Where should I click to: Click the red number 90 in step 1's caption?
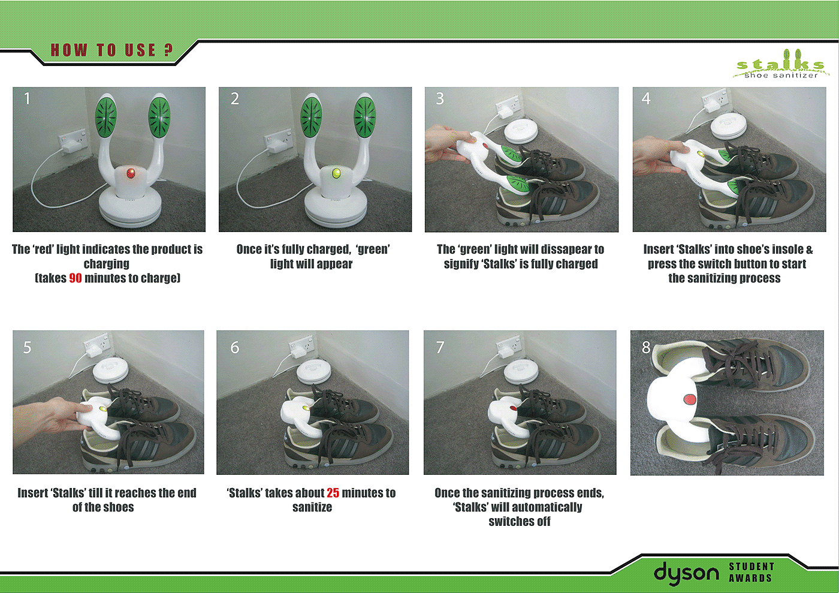76,278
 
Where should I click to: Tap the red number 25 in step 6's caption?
333,492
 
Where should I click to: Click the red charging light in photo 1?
131,173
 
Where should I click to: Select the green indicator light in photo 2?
336,173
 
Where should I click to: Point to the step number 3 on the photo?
440,98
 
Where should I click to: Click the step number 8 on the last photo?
646,348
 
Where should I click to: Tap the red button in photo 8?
690,399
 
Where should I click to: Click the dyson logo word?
686,573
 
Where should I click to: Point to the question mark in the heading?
168,50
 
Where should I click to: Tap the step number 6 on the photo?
234,348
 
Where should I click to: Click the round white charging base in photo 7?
521,372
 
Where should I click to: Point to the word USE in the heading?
140,50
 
